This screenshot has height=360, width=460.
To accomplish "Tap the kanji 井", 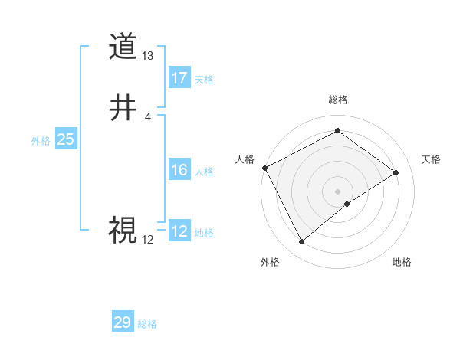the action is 122,108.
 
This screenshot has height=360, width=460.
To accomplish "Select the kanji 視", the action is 122,229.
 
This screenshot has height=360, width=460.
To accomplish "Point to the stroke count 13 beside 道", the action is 148,56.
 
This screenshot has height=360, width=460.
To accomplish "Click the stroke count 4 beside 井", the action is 148,116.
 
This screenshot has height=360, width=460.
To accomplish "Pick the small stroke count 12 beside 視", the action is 148,239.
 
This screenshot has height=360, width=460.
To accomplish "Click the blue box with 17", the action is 179,78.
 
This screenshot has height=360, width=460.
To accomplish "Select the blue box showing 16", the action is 179,170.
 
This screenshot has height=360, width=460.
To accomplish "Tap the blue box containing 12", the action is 179,231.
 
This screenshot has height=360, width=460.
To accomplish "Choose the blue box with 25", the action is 66,139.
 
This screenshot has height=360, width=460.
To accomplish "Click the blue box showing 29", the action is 123,322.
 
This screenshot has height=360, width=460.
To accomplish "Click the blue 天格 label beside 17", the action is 204,80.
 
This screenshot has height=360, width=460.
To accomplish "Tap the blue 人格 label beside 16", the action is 204,172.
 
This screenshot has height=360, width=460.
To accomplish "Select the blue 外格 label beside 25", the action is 41,141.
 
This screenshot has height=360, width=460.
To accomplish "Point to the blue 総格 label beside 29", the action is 147,324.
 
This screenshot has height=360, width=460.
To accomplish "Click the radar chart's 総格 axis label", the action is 337,100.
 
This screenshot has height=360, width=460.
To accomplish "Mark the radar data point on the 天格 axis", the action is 396,172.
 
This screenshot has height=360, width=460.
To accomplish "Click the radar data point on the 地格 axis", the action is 347,204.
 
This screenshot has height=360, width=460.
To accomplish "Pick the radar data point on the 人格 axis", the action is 264,168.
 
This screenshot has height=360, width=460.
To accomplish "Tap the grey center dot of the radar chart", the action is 337,191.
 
